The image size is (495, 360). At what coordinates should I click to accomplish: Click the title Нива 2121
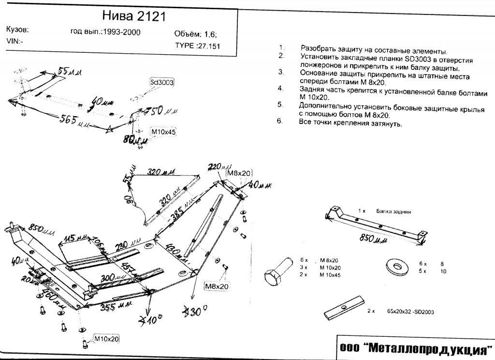pos(134,15)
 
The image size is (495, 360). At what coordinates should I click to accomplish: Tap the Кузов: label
pos(17,30)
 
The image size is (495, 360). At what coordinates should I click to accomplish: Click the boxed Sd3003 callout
pos(161,82)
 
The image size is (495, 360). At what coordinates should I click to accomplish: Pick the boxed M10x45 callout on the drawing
pos(164,131)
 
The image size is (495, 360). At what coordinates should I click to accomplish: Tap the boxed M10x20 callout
pos(106,338)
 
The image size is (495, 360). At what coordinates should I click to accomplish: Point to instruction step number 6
pos(280,121)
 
